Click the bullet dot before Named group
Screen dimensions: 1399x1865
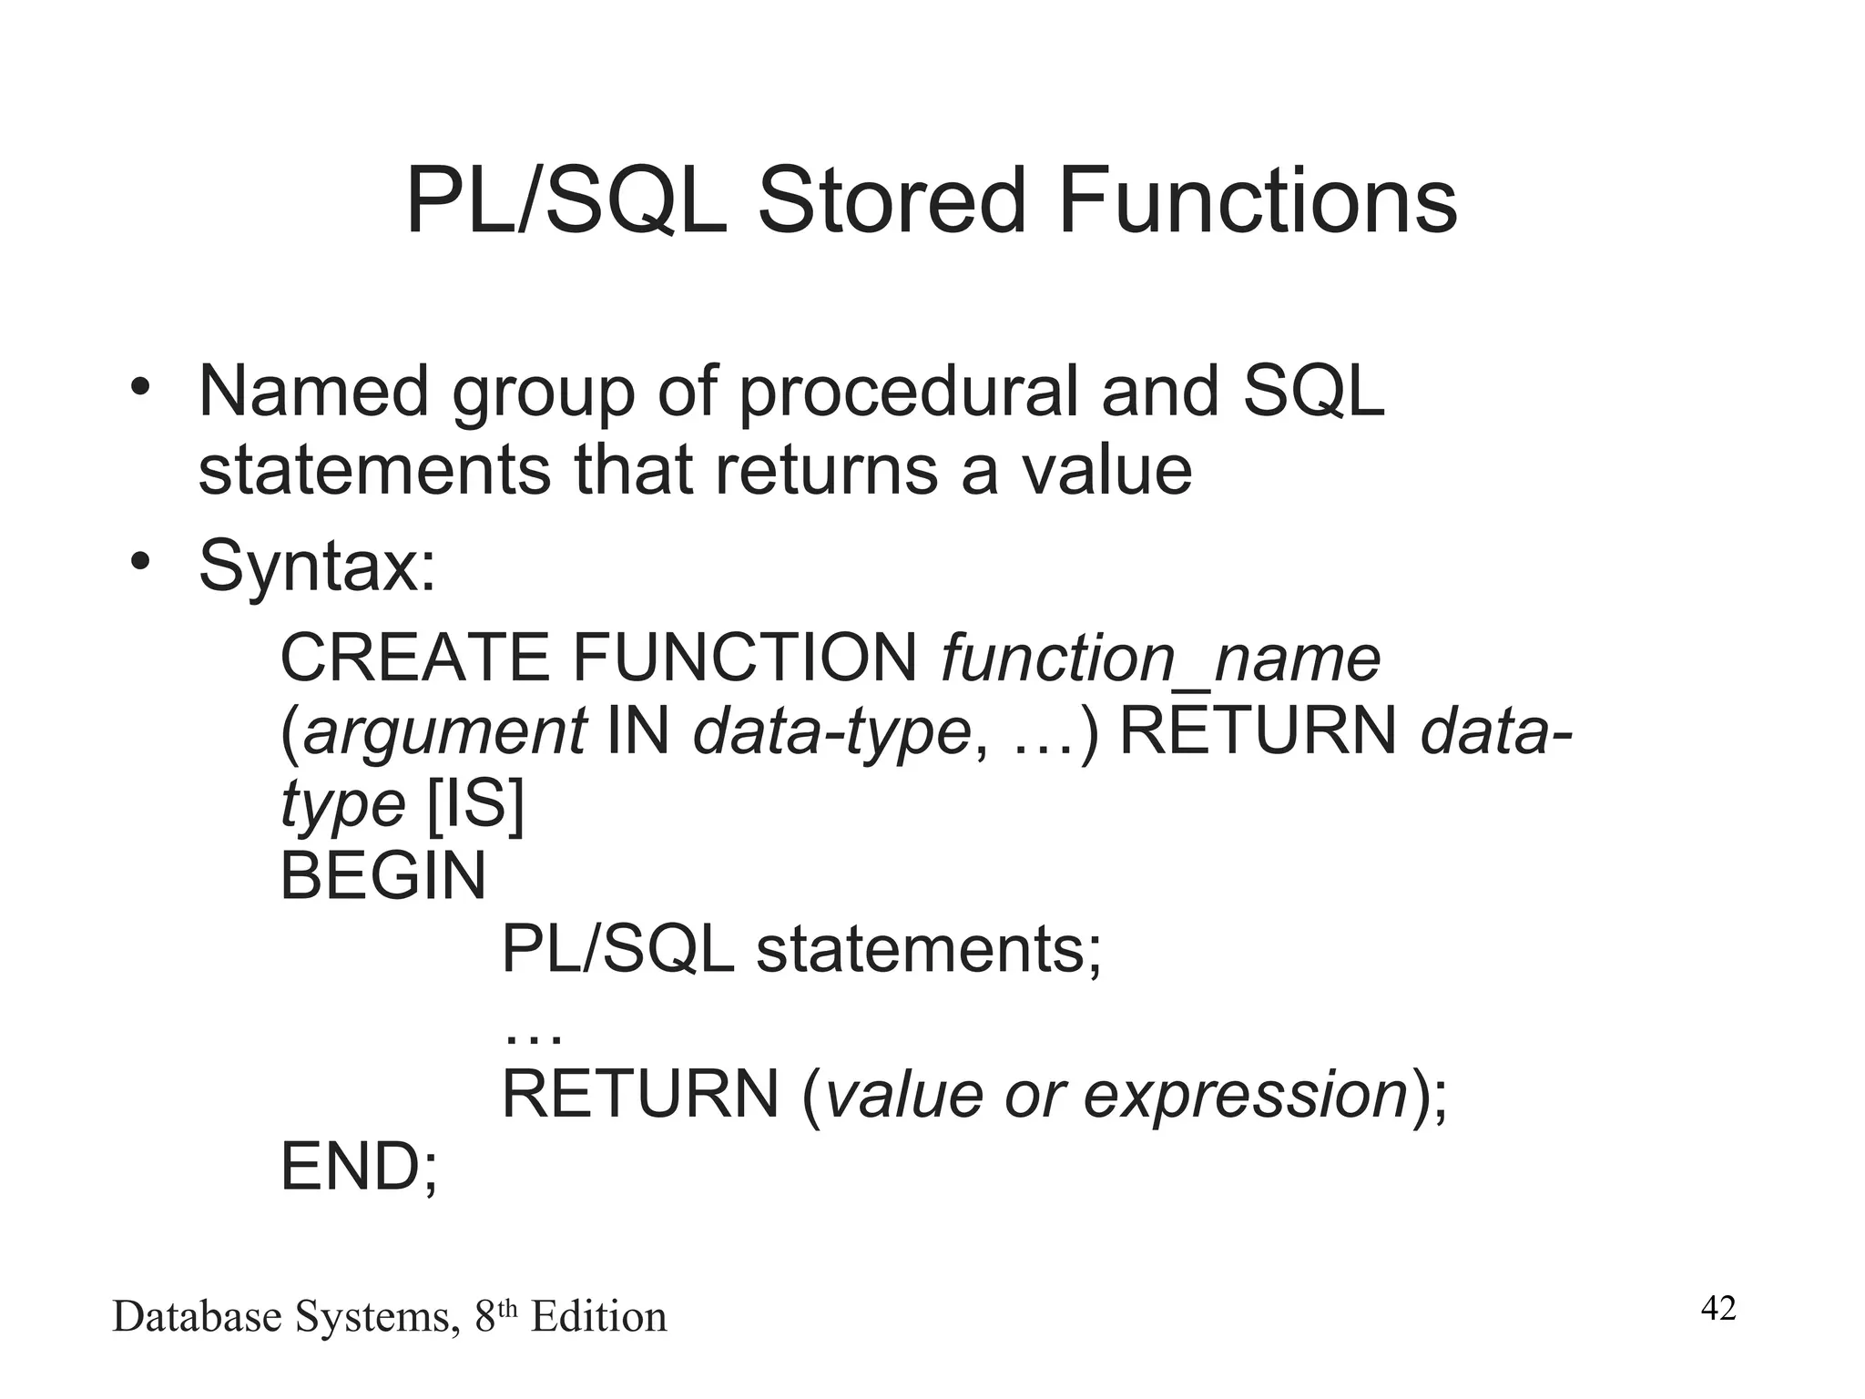coord(138,386)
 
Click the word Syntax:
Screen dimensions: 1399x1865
coord(317,567)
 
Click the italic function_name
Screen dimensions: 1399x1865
coord(1160,659)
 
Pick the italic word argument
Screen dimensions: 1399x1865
coord(444,732)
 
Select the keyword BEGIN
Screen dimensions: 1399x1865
coord(382,876)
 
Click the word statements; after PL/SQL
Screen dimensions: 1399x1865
coord(929,949)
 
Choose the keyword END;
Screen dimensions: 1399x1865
coord(359,1168)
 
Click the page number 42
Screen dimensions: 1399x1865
coord(1718,1309)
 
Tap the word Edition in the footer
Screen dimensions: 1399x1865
coord(598,1317)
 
